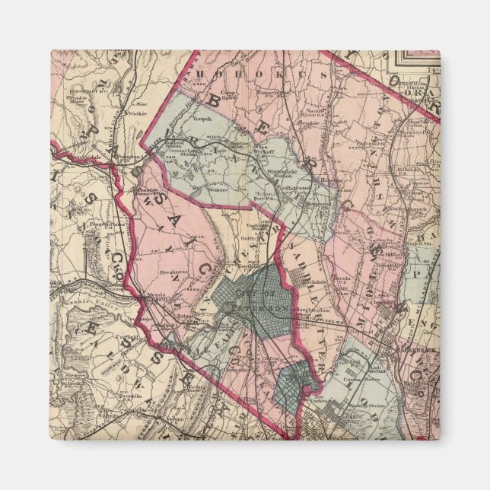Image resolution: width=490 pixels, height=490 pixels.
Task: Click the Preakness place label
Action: pos(174,271)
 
